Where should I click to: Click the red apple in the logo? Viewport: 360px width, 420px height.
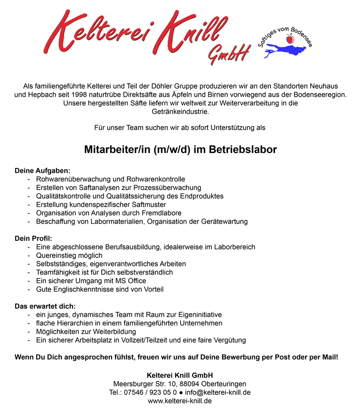[x=290, y=40]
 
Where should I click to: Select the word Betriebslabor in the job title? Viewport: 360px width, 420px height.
[x=245, y=149]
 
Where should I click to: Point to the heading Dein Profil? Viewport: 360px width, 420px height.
[x=33, y=238]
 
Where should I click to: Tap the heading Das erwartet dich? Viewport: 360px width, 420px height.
[x=45, y=306]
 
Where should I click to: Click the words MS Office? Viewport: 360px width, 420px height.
[x=130, y=281]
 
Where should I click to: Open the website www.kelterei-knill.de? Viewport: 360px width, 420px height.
[x=180, y=401]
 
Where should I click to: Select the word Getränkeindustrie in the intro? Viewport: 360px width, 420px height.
[x=180, y=111]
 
